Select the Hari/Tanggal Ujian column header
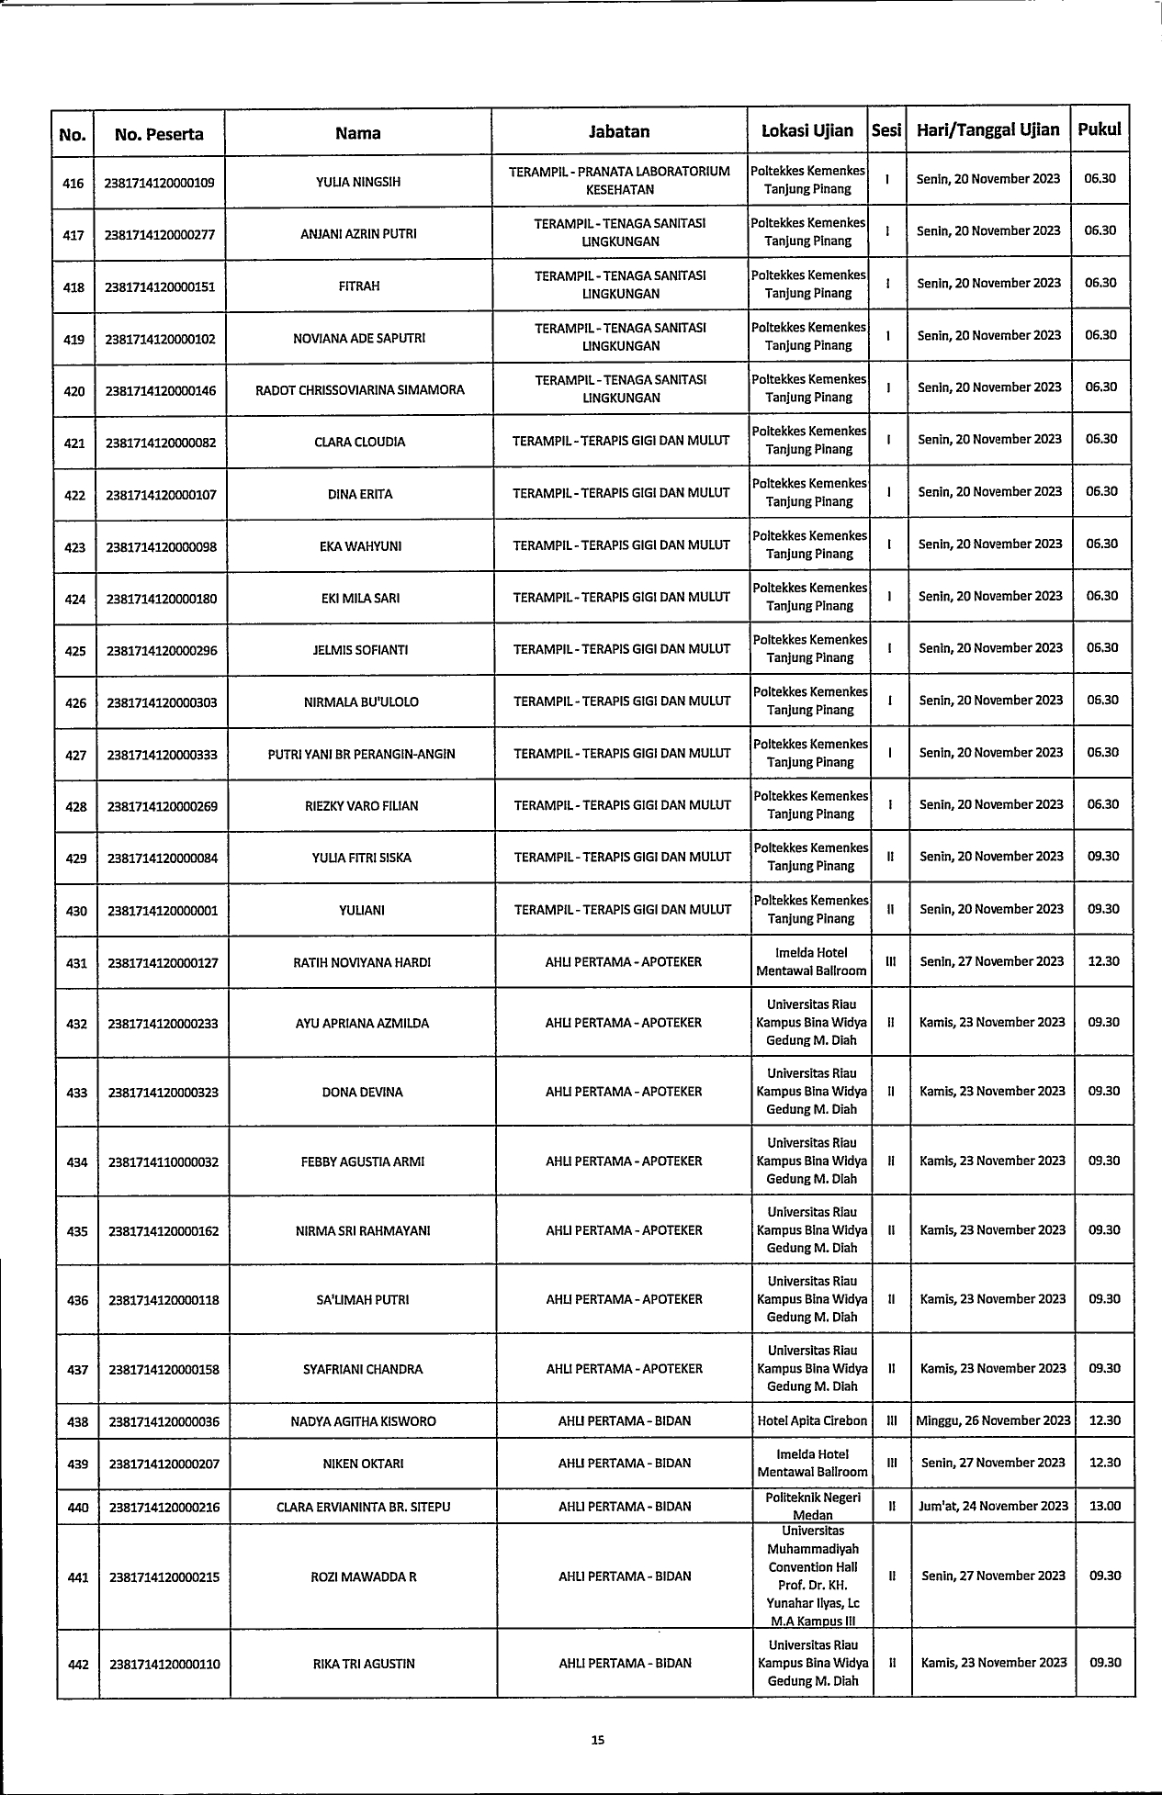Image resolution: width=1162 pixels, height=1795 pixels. point(987,130)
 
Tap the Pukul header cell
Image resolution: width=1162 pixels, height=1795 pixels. point(1100,129)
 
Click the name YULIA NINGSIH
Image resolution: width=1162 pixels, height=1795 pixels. point(357,182)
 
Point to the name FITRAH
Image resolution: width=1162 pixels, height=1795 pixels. point(358,286)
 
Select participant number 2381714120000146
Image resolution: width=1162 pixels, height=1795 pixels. point(161,391)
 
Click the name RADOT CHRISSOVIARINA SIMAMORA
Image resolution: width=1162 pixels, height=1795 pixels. point(359,390)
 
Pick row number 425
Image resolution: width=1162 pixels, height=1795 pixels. point(74,651)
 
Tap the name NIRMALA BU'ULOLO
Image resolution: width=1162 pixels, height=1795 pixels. point(361,702)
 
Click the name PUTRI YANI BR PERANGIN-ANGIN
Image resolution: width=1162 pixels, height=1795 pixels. point(361,755)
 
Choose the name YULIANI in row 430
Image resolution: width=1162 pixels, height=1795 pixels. point(362,911)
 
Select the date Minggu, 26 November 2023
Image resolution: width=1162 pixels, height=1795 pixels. point(993,1420)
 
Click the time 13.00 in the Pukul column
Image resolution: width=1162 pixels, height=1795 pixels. point(1104,1506)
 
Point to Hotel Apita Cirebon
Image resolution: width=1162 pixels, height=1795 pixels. point(811,1420)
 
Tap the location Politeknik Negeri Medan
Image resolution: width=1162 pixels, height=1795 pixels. point(812,1506)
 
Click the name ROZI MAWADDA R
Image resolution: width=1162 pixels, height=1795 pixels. point(364,1577)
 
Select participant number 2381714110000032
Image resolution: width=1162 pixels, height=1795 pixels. point(164,1162)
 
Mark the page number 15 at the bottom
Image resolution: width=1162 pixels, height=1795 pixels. point(597,1739)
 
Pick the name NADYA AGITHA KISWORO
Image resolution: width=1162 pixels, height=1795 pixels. point(364,1421)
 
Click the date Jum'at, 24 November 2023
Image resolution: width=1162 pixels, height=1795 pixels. point(993,1506)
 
